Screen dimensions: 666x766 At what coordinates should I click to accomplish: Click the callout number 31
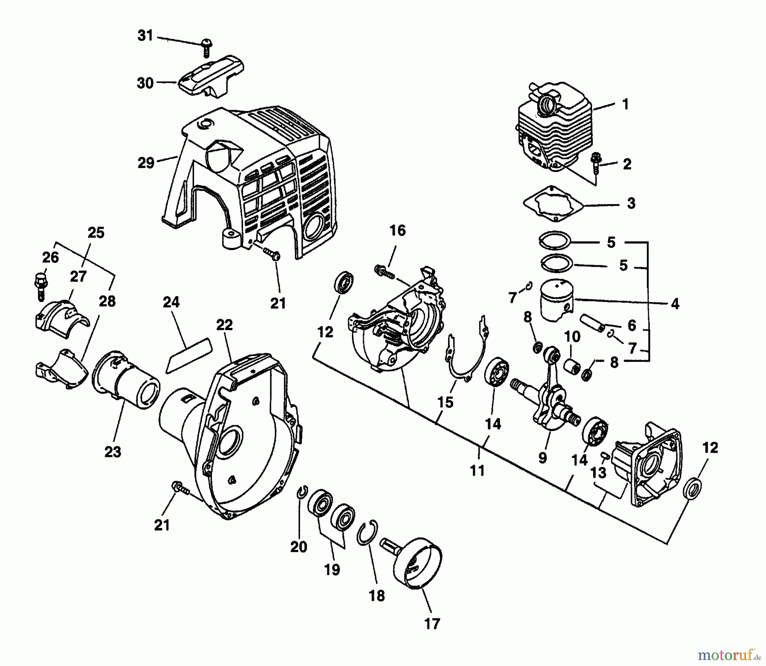point(145,36)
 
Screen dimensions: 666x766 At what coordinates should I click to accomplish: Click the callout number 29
point(146,162)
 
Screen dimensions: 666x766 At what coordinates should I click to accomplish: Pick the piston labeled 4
point(556,302)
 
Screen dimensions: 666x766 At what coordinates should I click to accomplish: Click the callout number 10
point(572,337)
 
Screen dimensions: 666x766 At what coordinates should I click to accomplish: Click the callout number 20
point(299,546)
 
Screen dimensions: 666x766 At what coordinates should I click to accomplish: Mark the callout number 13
point(598,472)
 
